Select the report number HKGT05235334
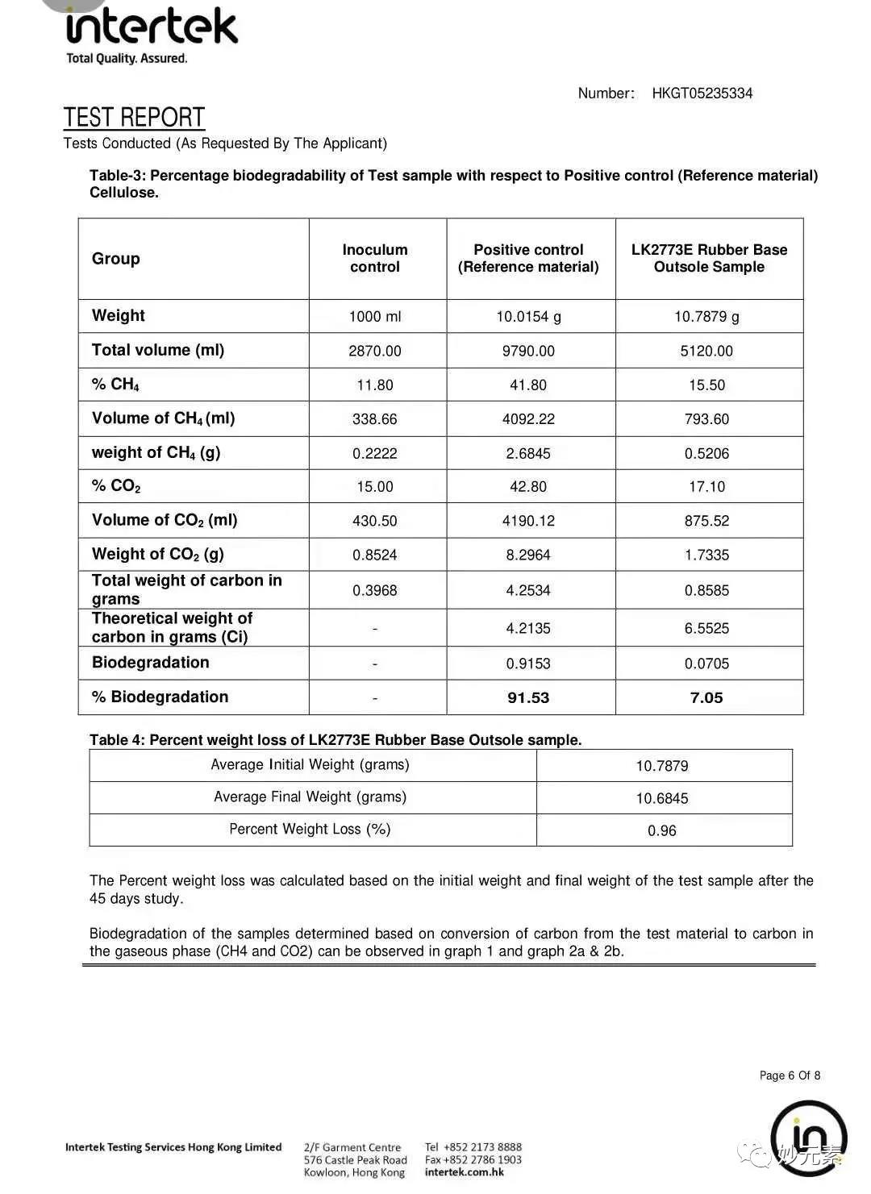(x=702, y=94)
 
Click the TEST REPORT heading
(x=134, y=118)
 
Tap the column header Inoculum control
(x=375, y=258)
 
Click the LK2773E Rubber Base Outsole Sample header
(x=709, y=258)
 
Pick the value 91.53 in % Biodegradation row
(x=528, y=698)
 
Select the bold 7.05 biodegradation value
(x=706, y=698)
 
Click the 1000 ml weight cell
(x=375, y=317)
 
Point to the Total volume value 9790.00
(x=528, y=352)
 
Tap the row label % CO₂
(x=116, y=486)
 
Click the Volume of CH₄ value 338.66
(x=375, y=419)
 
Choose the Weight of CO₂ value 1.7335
(x=706, y=555)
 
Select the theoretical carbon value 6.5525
(x=706, y=629)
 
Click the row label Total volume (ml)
(x=158, y=350)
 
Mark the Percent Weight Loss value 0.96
(x=662, y=831)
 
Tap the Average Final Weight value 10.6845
(x=662, y=799)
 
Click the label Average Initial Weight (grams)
(x=310, y=765)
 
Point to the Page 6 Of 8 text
(x=790, y=1075)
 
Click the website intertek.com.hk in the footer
(x=464, y=1172)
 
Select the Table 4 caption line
(x=335, y=740)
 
